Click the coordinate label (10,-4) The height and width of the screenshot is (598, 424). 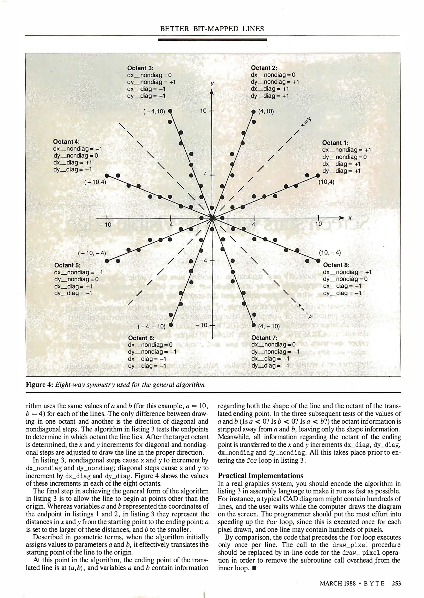click(330, 252)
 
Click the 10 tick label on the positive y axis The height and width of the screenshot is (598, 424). click(203, 111)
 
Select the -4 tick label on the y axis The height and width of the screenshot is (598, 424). click(203, 260)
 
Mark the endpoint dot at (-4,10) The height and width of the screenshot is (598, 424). click(170, 111)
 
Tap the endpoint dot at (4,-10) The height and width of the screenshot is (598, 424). click(253, 325)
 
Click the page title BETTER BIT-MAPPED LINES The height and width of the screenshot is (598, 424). click(212, 29)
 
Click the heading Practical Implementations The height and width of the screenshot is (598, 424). click(260, 476)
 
